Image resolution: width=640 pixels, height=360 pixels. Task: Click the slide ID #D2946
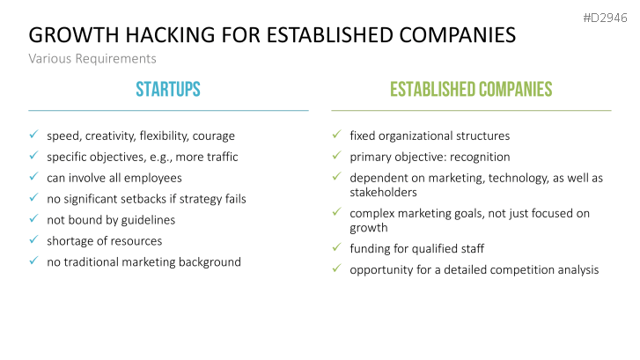click(x=605, y=18)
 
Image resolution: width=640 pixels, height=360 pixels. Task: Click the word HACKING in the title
click(x=170, y=34)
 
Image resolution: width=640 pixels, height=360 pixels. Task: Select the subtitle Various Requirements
click(x=92, y=59)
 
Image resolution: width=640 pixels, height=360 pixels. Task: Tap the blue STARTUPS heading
click(x=168, y=90)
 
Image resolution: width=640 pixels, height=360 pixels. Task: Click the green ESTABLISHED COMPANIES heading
click(x=471, y=90)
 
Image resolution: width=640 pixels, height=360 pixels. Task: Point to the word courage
click(x=213, y=136)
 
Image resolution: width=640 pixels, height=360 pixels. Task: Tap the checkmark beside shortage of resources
click(x=33, y=239)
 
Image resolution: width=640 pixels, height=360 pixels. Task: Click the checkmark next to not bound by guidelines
click(x=33, y=218)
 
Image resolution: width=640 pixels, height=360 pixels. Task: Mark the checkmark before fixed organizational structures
click(x=337, y=135)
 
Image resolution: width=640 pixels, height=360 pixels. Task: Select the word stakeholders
click(x=383, y=192)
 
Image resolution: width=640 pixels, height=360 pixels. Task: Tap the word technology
click(x=519, y=179)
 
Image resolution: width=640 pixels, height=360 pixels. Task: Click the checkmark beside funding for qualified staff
click(x=337, y=247)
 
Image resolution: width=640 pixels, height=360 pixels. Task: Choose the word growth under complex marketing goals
click(x=369, y=228)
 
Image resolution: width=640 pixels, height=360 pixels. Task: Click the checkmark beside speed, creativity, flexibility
click(x=33, y=135)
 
